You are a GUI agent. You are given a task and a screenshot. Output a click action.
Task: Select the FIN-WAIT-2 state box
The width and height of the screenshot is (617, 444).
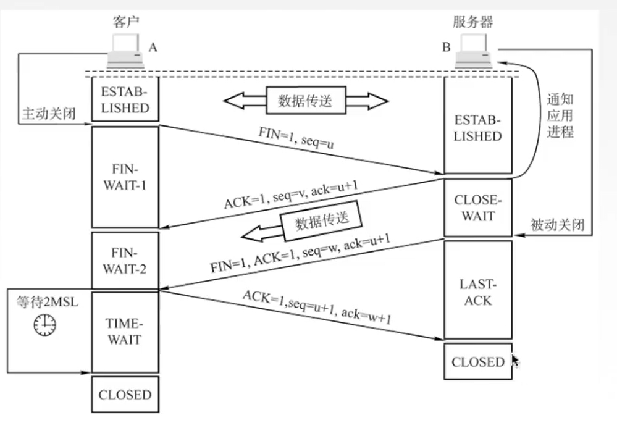pos(125,261)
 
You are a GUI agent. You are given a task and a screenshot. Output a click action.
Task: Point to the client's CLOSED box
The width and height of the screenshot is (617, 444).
pos(125,394)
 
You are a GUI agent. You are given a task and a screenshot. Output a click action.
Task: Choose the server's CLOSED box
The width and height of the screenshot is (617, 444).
pos(478,361)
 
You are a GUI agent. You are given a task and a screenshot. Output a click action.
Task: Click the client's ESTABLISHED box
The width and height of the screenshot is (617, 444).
pos(125,99)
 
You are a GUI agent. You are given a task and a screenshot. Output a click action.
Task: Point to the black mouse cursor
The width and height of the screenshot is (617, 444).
pos(516,361)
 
